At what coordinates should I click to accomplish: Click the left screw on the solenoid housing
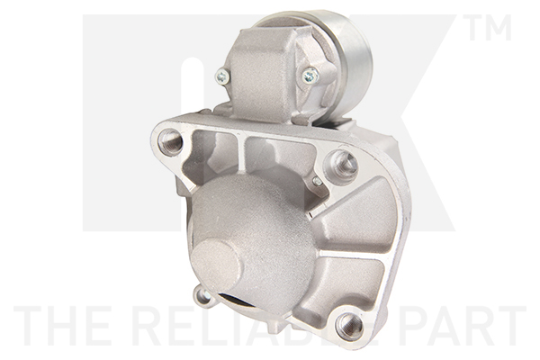pos(222,76)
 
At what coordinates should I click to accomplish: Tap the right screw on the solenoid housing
pos(310,76)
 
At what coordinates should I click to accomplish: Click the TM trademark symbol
pos(489,29)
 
